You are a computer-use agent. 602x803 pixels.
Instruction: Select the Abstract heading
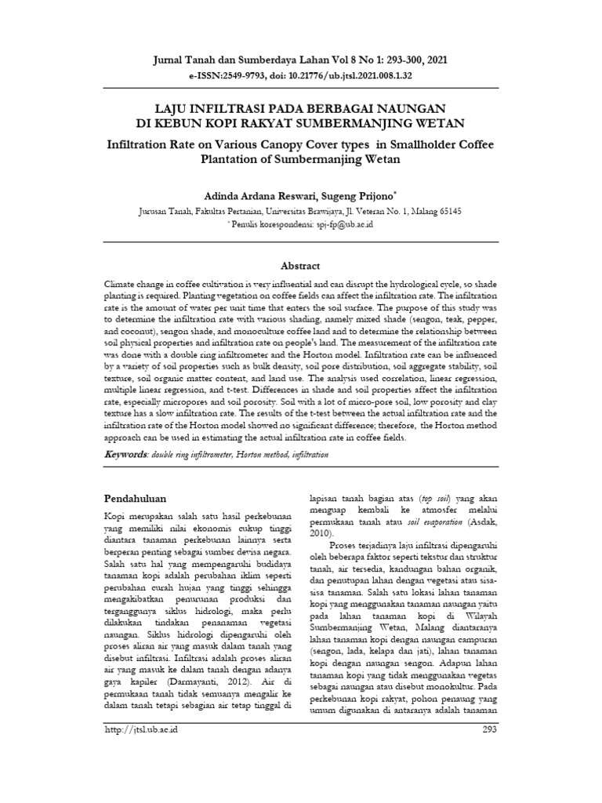[x=301, y=266]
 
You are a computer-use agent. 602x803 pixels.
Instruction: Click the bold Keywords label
[x=125, y=455]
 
